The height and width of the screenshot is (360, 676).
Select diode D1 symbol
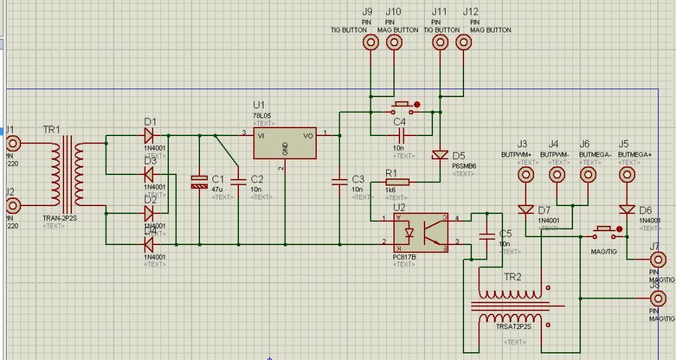[149, 135]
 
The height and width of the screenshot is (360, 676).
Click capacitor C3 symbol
[339, 180]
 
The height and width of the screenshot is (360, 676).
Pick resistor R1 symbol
[396, 182]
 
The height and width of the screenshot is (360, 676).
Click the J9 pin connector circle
[371, 42]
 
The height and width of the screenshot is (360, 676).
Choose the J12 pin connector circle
[463, 42]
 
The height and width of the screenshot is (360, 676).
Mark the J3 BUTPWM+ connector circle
[525, 174]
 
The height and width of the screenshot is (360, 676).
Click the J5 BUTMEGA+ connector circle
[626, 174]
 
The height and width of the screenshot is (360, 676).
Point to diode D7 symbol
[525, 210]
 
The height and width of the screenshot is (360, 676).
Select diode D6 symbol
[626, 210]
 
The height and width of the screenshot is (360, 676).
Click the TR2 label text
[512, 277]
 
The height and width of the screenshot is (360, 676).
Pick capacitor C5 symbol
[487, 235]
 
